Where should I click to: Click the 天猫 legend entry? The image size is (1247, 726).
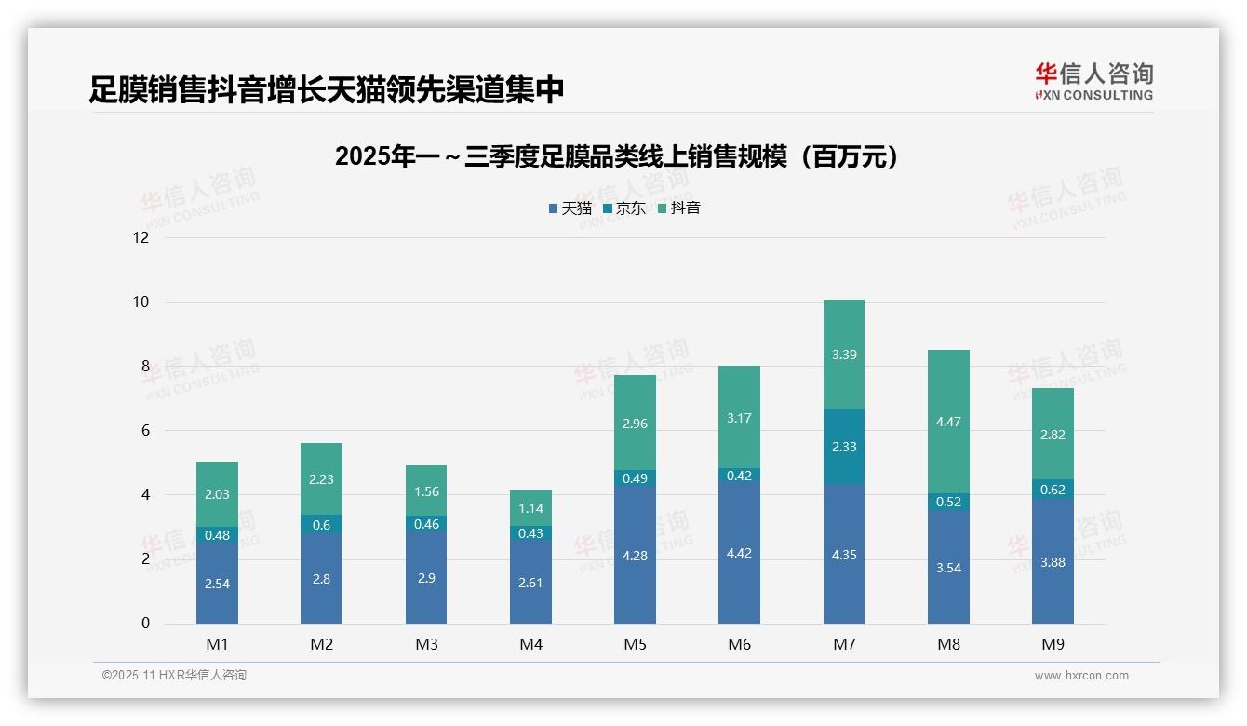(570, 208)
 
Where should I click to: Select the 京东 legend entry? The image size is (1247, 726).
(624, 208)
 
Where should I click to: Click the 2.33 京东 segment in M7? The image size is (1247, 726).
(844, 447)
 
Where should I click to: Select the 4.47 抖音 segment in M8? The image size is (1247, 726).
(948, 422)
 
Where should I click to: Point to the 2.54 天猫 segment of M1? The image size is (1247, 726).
(217, 584)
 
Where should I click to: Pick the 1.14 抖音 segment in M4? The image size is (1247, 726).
(530, 508)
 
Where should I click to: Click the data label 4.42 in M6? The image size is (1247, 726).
(740, 553)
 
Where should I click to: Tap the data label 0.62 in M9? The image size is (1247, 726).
(1053, 490)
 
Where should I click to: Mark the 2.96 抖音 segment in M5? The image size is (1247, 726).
(635, 423)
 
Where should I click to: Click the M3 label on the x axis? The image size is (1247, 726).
(426, 644)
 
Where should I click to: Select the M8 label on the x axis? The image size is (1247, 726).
(948, 644)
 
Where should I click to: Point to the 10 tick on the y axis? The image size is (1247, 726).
(141, 302)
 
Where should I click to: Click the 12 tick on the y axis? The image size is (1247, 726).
(141, 237)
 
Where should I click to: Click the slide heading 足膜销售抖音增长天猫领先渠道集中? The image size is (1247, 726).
(327, 90)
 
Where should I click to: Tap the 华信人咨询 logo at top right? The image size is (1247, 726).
(1093, 81)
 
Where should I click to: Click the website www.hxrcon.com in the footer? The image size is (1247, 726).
(1080, 676)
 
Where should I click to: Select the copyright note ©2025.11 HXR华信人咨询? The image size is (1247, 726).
(174, 676)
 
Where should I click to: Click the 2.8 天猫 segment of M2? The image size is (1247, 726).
(321, 579)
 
